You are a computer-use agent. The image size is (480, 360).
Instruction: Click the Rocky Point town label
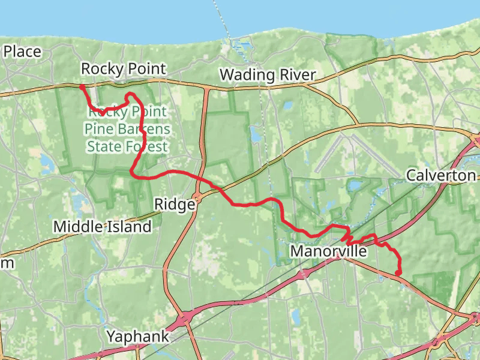click(x=123, y=69)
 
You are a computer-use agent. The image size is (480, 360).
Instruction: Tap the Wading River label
click(x=268, y=75)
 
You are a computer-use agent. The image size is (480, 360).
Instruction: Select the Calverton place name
click(x=441, y=176)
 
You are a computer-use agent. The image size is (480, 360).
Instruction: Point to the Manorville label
click(x=328, y=251)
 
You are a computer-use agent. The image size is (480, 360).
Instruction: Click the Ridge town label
click(x=175, y=205)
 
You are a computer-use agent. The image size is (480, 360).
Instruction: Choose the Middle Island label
click(x=103, y=227)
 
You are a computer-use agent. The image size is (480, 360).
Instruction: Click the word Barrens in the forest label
click(x=146, y=129)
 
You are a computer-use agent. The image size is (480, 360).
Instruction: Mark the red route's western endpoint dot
click(x=82, y=87)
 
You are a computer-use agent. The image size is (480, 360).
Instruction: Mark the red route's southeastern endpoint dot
click(x=398, y=274)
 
